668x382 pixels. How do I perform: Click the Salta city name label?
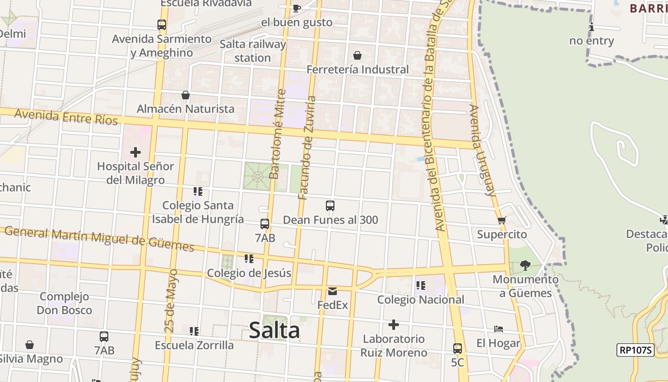pos(274,330)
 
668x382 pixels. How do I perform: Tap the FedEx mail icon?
pos(333,291)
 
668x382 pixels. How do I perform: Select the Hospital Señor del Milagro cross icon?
pos(136,152)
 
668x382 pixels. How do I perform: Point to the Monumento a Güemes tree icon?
pos(525,265)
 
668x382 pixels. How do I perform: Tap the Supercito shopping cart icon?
pos(501,220)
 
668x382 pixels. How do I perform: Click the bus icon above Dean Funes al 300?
pos(330,206)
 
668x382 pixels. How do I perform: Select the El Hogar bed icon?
pos(499,329)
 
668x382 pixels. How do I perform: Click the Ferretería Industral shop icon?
pos(357,55)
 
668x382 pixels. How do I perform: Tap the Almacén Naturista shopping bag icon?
pos(186,95)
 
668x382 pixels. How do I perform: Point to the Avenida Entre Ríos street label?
pos(66,117)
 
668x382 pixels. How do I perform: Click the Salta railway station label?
pos(252,51)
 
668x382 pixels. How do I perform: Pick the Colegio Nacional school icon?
pos(420,286)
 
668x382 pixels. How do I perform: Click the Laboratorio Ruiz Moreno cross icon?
pos(394,325)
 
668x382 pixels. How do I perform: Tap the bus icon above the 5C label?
pos(457,348)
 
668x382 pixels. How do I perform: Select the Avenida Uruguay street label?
pos(482,150)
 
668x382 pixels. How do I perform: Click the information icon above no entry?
pos(592,27)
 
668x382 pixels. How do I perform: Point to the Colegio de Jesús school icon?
pos(249,259)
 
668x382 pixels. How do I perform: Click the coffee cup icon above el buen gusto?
pos(296,8)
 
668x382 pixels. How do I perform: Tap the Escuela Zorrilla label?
pos(194,345)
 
